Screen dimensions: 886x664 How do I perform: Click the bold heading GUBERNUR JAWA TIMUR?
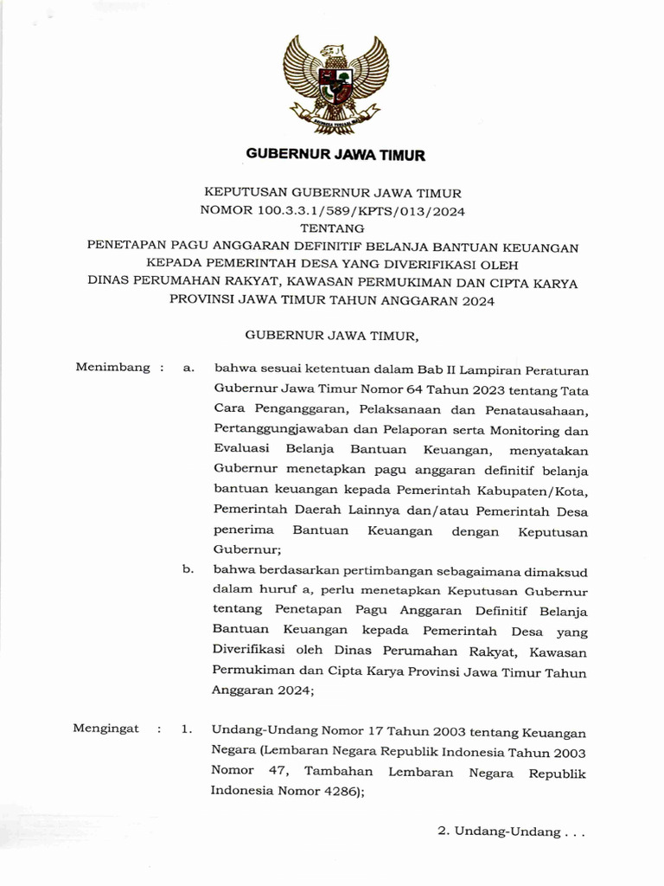click(335, 156)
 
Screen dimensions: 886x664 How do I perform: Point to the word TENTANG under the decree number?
click(332, 228)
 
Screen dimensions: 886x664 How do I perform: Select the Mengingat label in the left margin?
click(106, 729)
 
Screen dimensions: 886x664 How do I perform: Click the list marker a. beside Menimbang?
click(188, 368)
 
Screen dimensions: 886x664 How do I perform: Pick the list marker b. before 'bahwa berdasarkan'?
click(188, 569)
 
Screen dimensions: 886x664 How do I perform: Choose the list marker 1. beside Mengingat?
click(187, 729)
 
